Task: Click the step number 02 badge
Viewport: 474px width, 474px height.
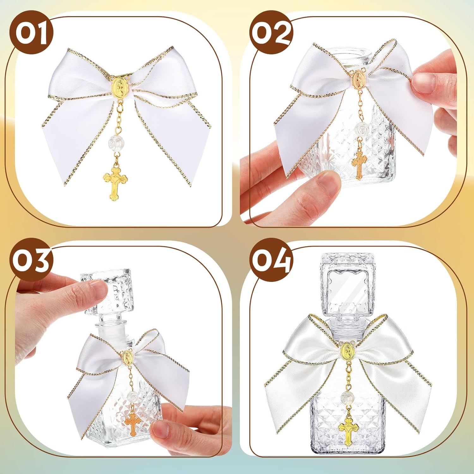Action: pos(271,32)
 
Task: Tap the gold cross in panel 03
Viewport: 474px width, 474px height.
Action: pos(133,422)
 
